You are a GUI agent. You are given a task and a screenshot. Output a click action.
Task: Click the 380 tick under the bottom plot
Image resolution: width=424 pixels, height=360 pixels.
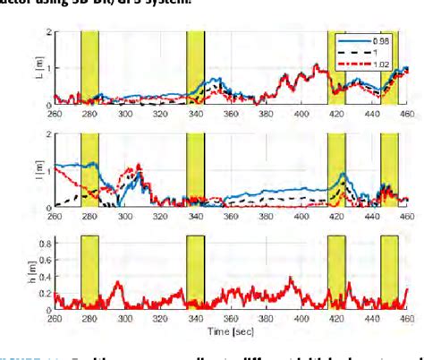click(x=267, y=318)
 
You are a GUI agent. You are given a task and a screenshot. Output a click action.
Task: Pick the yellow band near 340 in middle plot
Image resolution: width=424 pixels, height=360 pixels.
click(x=196, y=170)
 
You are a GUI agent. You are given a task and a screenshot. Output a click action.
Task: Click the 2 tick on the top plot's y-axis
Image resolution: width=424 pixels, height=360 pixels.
click(x=47, y=32)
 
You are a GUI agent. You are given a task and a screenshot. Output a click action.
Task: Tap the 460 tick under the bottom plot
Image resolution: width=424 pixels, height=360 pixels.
click(x=407, y=318)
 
